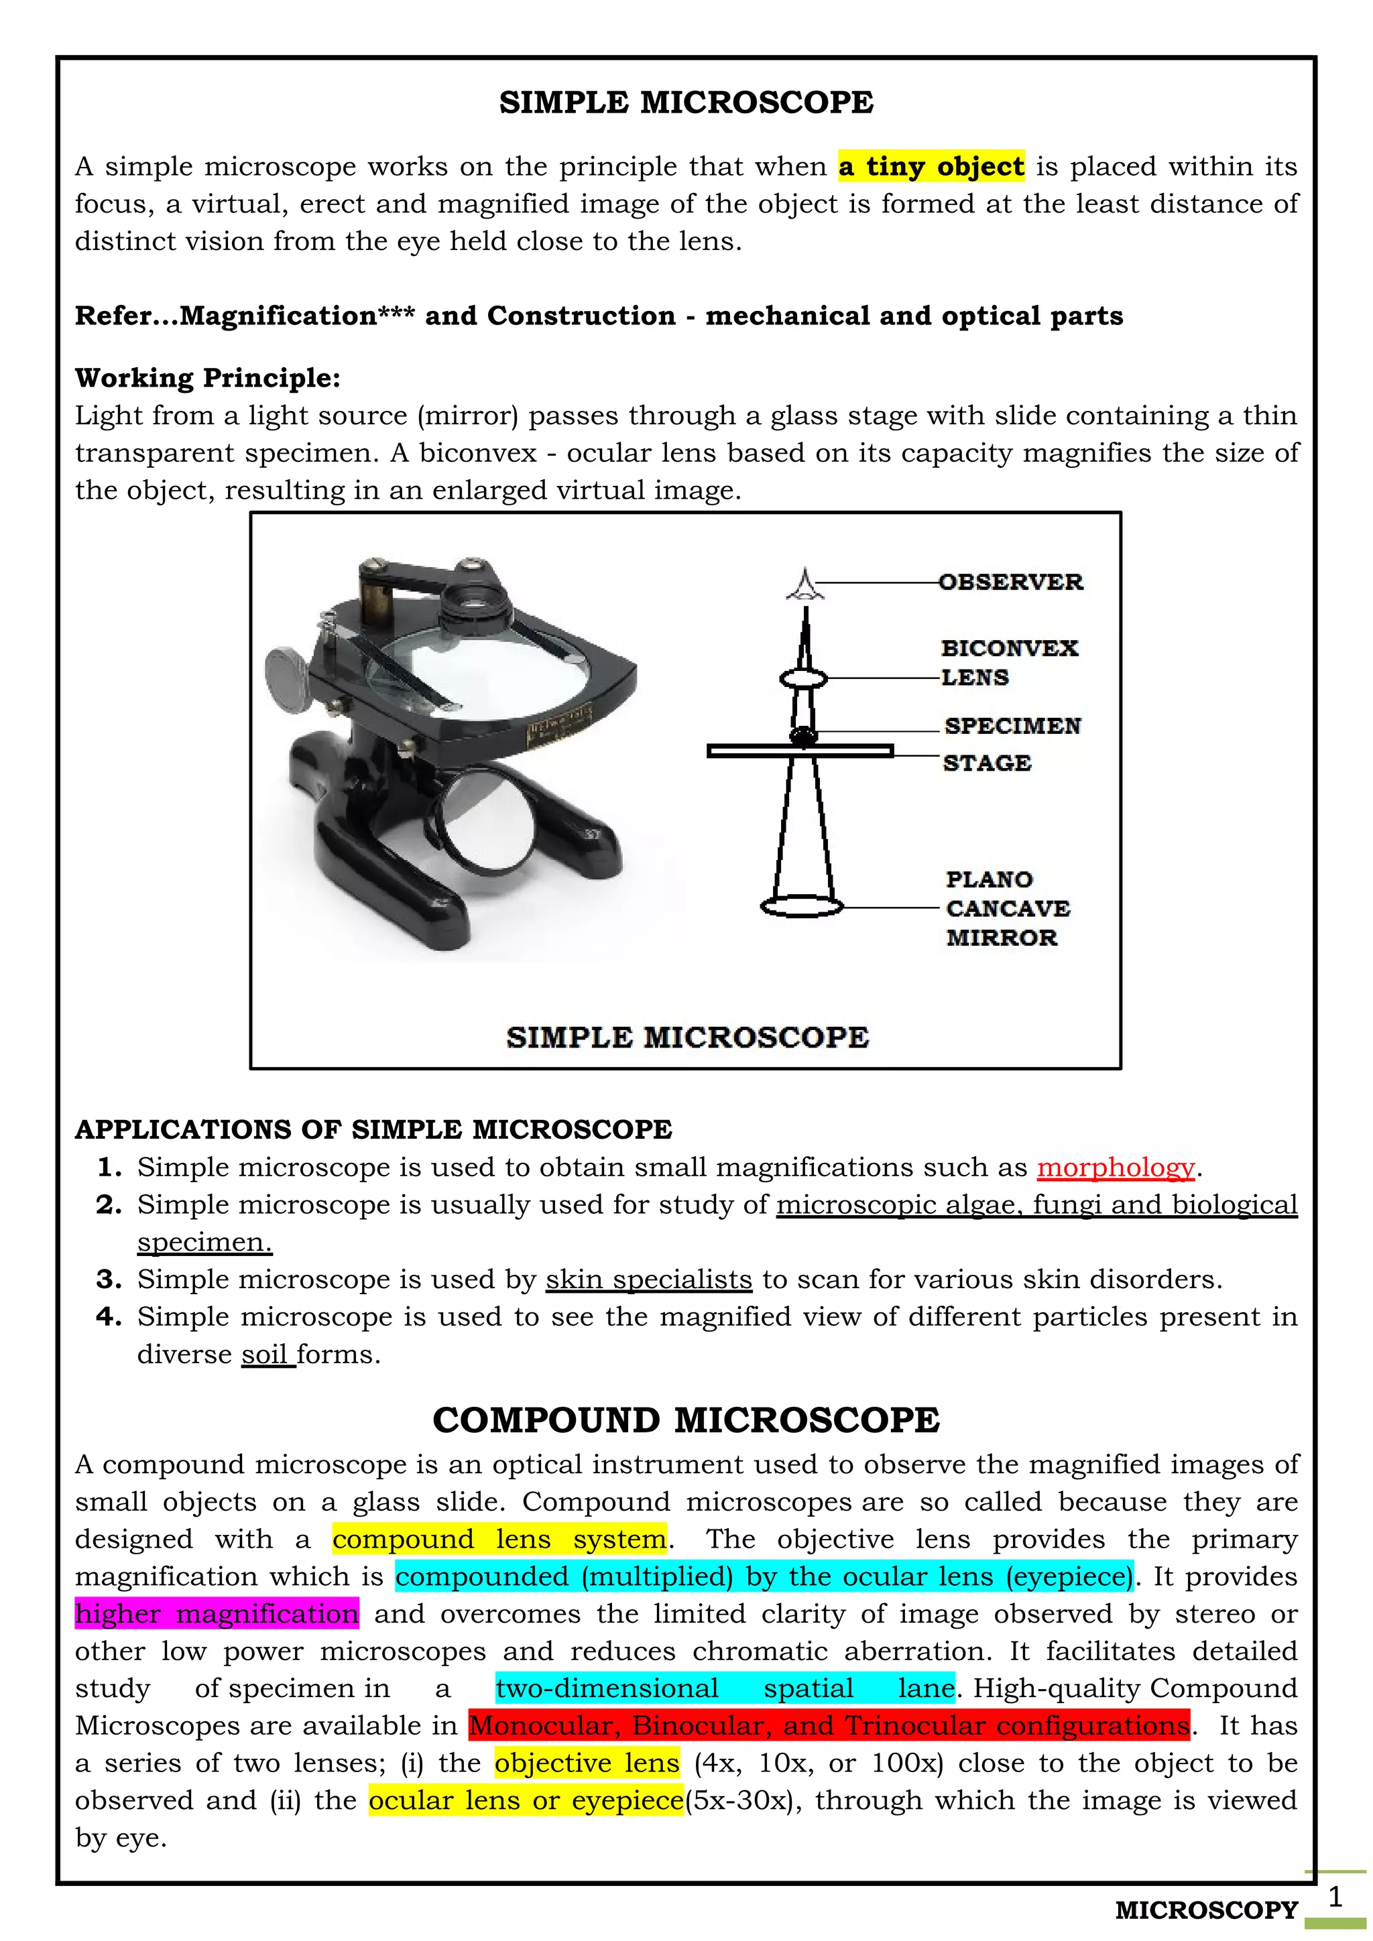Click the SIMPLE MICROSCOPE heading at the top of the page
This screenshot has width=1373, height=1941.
[x=686, y=103]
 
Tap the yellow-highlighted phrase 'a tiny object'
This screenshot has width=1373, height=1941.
[x=931, y=166]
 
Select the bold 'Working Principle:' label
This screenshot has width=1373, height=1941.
[x=207, y=378]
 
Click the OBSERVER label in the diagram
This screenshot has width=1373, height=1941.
[x=1010, y=582]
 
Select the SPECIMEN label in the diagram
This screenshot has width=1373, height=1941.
[x=1012, y=726]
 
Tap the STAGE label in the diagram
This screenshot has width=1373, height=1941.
[x=987, y=763]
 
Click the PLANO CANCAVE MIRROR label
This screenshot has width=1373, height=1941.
[x=1007, y=909]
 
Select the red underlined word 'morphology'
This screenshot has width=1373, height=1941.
[x=1115, y=1168]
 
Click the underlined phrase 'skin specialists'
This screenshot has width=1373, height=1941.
[x=648, y=1279]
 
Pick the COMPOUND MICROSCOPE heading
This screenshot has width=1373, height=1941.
[x=686, y=1420]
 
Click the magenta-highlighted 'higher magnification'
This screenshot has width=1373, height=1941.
[x=217, y=1614]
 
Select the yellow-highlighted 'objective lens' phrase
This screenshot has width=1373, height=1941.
[x=587, y=1763]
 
